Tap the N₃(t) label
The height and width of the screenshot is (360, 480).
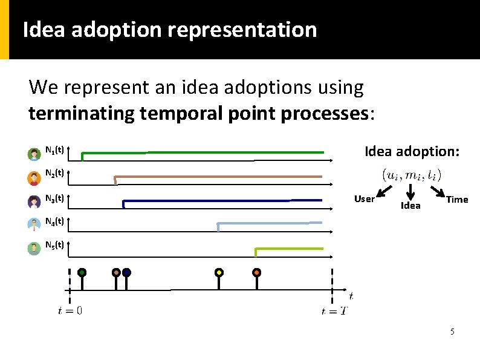pyautogui.click(x=55, y=198)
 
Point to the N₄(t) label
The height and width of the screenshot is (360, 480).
pyautogui.click(x=55, y=221)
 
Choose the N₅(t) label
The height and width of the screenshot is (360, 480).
pyautogui.click(x=55, y=246)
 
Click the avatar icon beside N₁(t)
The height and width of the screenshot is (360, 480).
pyautogui.click(x=34, y=154)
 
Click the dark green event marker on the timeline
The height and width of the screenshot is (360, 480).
pyautogui.click(x=82, y=273)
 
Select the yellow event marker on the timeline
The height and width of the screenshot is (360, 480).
pyautogui.click(x=219, y=273)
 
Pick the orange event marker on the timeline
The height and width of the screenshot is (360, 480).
pyautogui.click(x=257, y=273)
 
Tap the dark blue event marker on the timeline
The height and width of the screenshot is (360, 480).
pyautogui.click(x=126, y=273)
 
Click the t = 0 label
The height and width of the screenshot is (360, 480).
pyautogui.click(x=70, y=311)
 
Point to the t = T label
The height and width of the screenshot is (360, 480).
pyautogui.click(x=334, y=311)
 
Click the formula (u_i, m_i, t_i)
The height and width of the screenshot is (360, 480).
pyautogui.click(x=411, y=175)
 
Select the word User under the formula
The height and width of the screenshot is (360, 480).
pyautogui.click(x=364, y=199)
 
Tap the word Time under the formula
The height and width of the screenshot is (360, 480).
pyautogui.click(x=457, y=200)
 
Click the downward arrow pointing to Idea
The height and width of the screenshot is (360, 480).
pyautogui.click(x=410, y=191)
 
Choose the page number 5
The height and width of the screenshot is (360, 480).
pyautogui.click(x=452, y=332)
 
